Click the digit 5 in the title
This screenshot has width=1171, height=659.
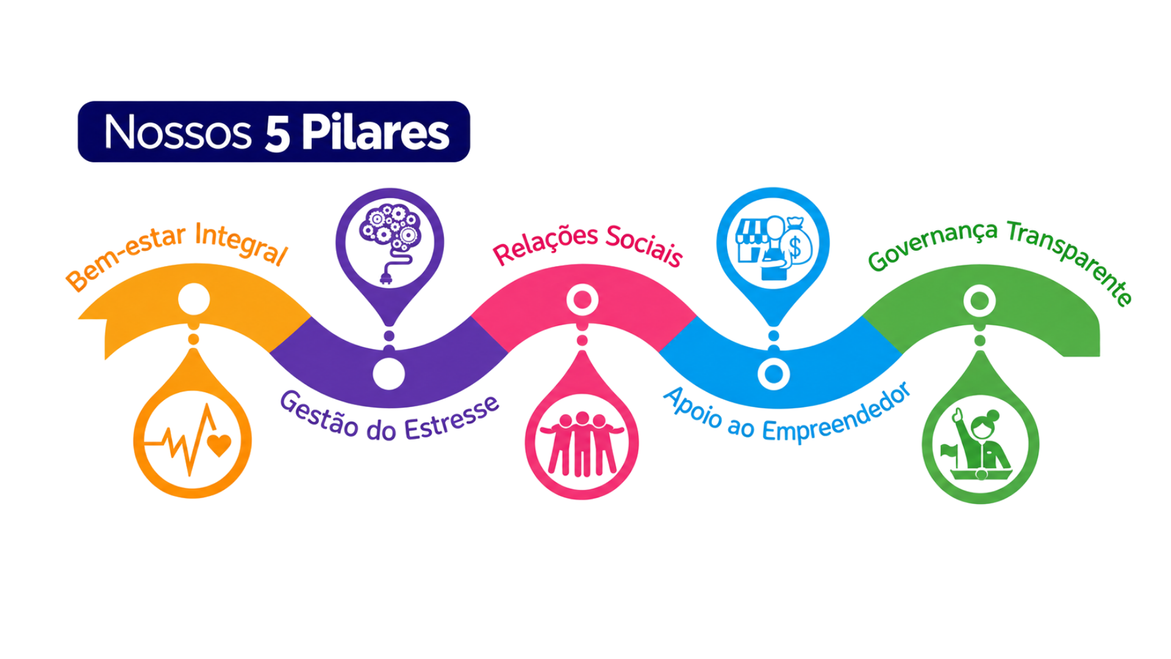[x=277, y=133]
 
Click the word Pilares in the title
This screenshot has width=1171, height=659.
[x=376, y=132]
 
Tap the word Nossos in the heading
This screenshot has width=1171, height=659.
[x=177, y=132]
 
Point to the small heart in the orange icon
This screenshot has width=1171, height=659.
[x=219, y=444]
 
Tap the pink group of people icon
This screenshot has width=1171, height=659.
[x=582, y=444]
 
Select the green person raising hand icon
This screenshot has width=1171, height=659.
[x=979, y=444]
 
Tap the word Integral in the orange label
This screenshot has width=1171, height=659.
[x=240, y=244]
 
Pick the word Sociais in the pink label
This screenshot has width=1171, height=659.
[x=644, y=245]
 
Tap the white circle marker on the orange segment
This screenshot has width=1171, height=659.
[x=194, y=299]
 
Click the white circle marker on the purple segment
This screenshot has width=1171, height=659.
[x=389, y=373]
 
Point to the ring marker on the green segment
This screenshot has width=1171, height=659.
[x=979, y=300]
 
